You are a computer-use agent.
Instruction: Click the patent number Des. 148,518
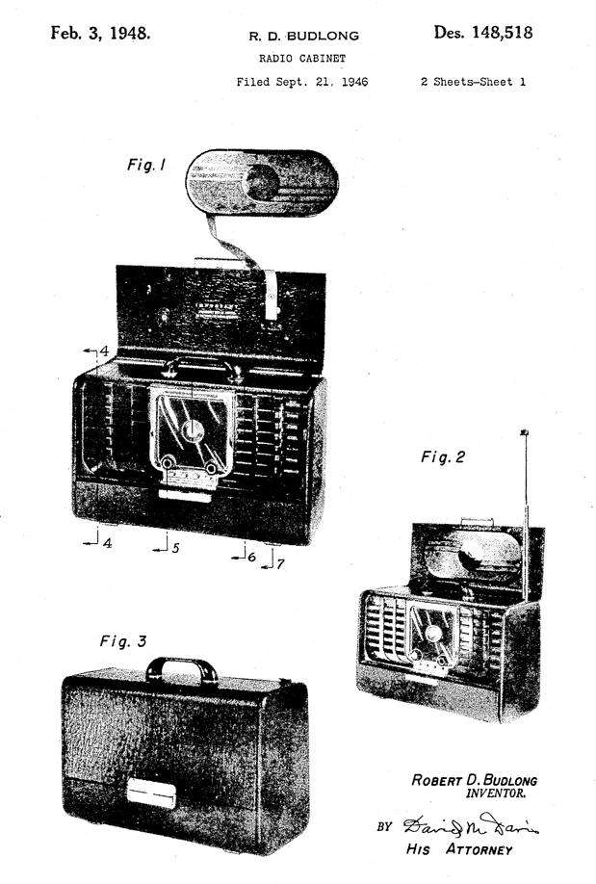482,33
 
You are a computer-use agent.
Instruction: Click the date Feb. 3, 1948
100,33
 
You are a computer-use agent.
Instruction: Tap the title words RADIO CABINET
303,59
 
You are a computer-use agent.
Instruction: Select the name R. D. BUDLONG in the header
303,37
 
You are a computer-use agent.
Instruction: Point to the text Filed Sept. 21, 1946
302,82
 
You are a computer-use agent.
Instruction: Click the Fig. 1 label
146,166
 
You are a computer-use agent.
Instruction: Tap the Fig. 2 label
443,457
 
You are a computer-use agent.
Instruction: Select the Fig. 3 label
123,640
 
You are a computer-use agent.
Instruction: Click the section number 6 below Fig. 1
251,556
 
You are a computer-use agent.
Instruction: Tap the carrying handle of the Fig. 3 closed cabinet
182,666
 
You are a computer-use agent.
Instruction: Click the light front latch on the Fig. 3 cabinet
151,793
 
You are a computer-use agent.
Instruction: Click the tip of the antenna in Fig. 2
525,434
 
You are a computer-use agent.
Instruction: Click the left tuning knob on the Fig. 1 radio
168,464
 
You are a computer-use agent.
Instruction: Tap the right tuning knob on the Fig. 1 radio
211,468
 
